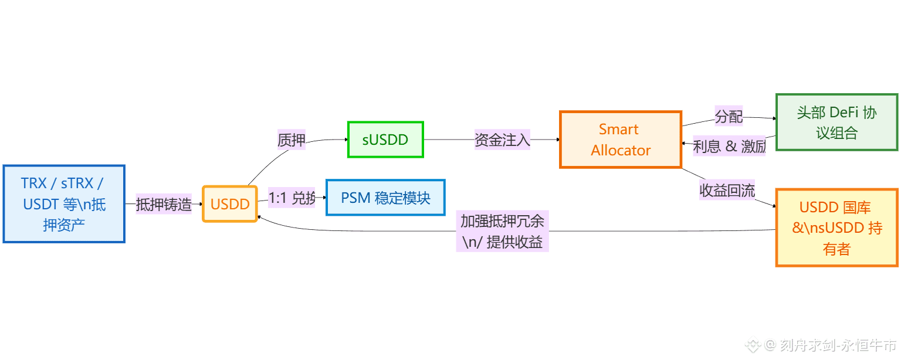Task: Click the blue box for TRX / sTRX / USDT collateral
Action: coord(64,204)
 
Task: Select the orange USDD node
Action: coord(230,204)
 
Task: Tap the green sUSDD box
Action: coord(385,140)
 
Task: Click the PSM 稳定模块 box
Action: coord(385,198)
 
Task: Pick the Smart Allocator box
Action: coord(621,140)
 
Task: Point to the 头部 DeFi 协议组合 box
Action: coord(836,123)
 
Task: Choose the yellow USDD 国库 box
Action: coord(836,228)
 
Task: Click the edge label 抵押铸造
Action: coord(164,204)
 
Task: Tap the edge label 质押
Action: coord(292,140)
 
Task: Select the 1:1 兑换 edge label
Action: coord(292,198)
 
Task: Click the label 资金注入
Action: coord(502,140)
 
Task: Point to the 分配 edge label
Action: coord(729,117)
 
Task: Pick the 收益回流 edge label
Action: coord(727,191)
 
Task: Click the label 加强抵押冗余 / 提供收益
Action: coord(502,232)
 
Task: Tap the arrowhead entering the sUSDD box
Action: coord(345,140)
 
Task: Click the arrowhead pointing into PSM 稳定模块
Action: coord(324,198)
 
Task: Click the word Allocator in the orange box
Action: coord(621,151)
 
